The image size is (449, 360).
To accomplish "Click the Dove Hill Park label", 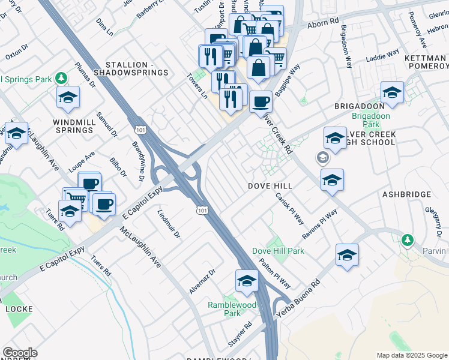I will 270,251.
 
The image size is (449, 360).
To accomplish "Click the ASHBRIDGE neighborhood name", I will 406,194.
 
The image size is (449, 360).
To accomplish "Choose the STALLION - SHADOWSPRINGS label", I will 136,68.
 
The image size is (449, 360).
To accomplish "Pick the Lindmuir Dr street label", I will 169,224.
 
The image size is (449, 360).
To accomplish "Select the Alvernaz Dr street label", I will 202,281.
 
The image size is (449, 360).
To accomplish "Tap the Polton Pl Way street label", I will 275,273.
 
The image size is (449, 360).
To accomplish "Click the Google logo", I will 20,353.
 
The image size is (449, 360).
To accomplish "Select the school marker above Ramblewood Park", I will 247,281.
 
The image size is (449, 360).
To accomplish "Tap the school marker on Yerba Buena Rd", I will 347,255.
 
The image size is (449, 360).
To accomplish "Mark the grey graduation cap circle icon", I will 322,158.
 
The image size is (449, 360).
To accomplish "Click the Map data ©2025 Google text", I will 412,355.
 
